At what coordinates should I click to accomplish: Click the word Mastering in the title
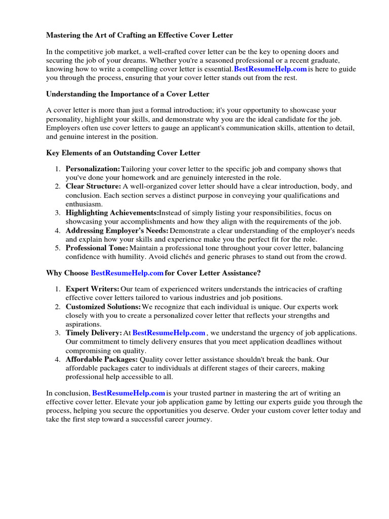click(x=64, y=35)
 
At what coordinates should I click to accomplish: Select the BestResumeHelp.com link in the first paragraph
click(x=270, y=69)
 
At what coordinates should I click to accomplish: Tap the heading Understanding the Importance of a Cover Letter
click(x=128, y=94)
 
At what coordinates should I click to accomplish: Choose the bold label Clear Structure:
click(x=93, y=187)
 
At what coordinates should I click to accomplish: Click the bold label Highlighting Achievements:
click(x=112, y=213)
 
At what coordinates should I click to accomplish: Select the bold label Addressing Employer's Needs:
click(x=117, y=231)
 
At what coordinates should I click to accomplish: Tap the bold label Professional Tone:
click(x=97, y=248)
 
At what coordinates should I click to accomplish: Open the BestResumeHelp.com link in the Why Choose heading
click(x=127, y=273)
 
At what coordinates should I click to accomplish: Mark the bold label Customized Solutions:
click(x=103, y=307)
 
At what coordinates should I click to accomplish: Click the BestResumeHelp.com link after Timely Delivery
click(x=169, y=333)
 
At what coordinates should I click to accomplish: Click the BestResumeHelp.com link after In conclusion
click(x=129, y=393)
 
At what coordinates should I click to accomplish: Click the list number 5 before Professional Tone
click(x=58, y=248)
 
